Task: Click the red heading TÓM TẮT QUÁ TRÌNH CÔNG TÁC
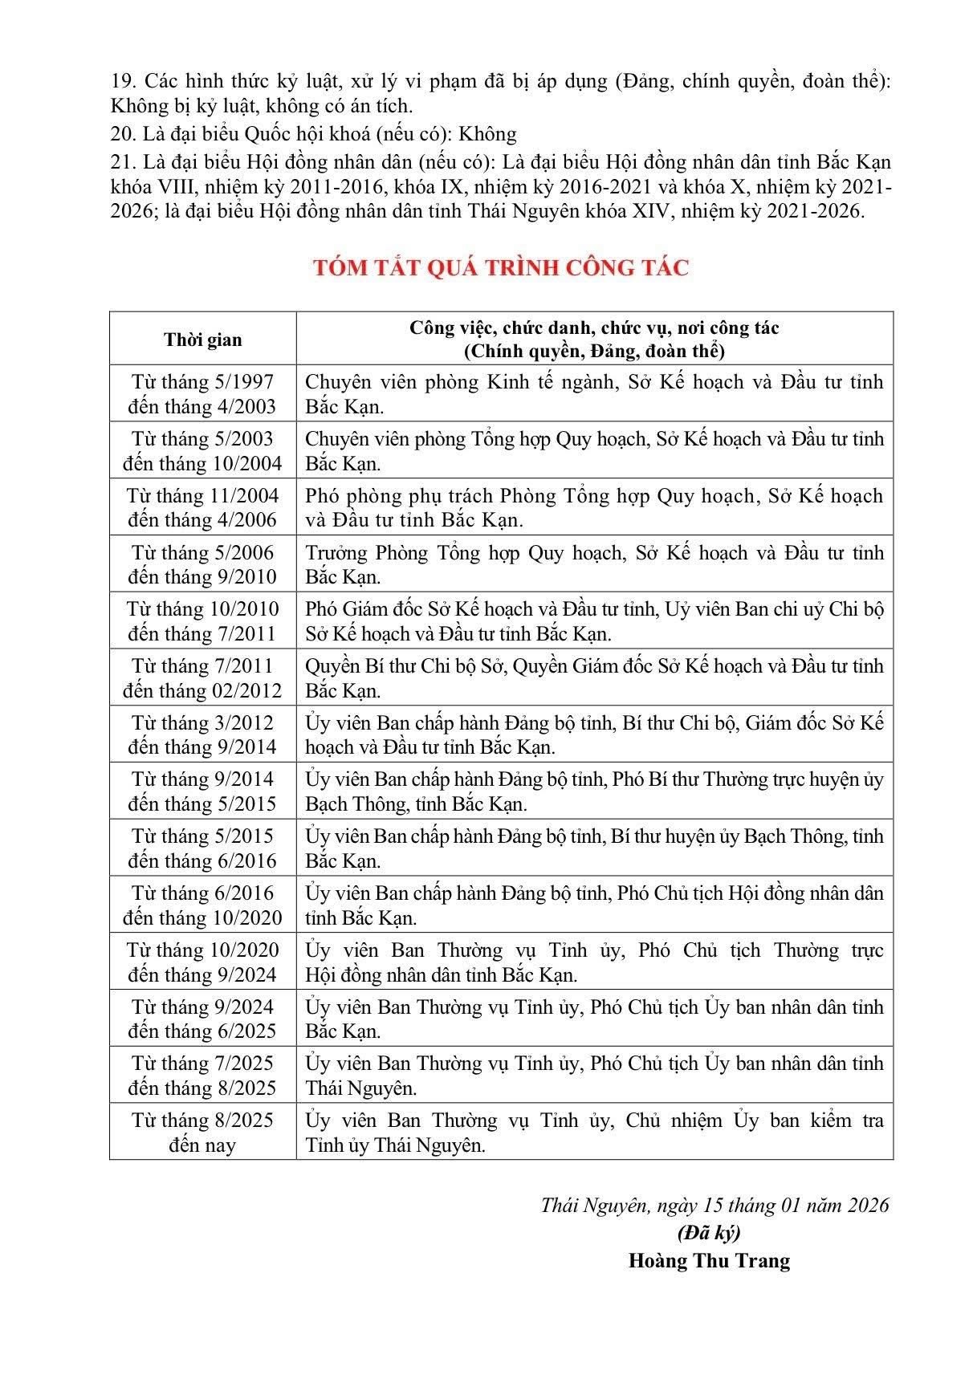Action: pos(502,267)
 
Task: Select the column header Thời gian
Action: pos(202,340)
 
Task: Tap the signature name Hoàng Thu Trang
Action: pos(709,1260)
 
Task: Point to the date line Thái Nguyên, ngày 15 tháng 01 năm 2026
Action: pos(714,1205)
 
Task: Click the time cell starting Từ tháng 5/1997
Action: pos(202,394)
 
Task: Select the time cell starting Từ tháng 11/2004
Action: pos(202,507)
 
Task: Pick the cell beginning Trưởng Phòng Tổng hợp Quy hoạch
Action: pos(594,564)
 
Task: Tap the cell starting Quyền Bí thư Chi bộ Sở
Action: pos(594,677)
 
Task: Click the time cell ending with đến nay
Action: pos(202,1132)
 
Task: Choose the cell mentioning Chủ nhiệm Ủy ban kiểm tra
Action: pos(594,1132)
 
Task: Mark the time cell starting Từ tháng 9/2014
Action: pos(202,791)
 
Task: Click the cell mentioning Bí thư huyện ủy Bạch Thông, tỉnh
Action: pos(594,848)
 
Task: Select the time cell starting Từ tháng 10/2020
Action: pos(202,962)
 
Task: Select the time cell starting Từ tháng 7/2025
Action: pos(202,1076)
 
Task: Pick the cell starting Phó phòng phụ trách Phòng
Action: pos(594,507)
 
